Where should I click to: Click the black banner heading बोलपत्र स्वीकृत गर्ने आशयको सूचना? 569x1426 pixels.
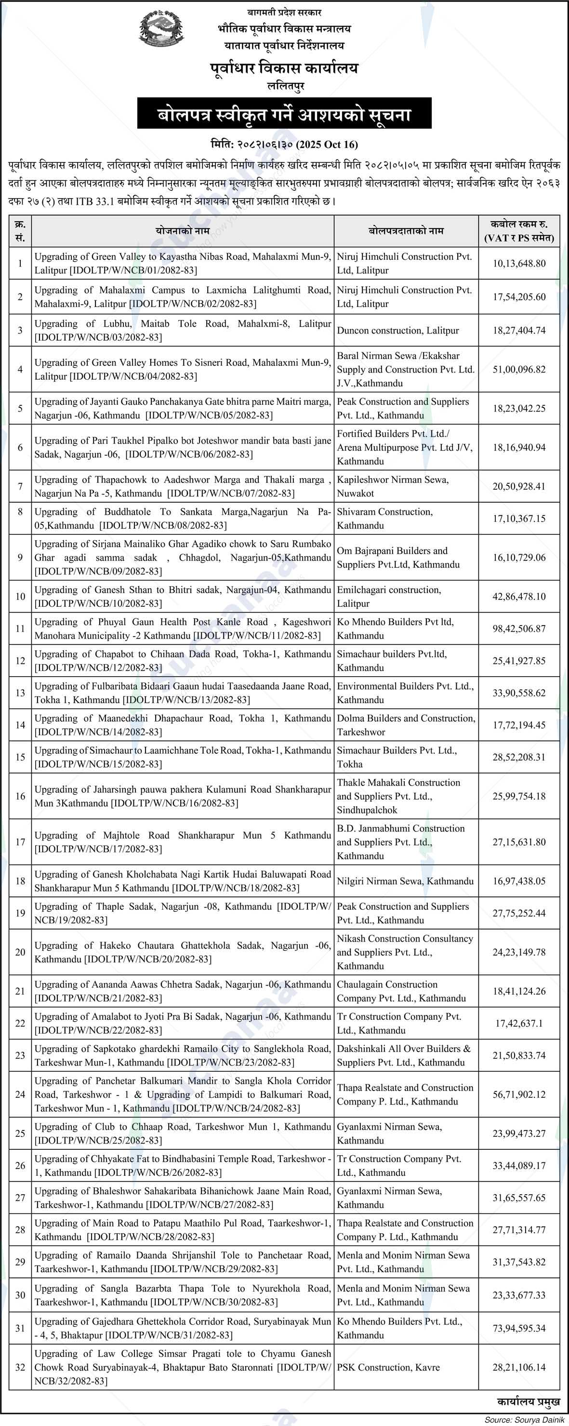(284, 114)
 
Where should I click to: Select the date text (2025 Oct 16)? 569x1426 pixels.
(327, 145)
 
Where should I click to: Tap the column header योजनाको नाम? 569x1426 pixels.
(183, 231)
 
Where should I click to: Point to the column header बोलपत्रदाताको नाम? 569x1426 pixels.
(406, 231)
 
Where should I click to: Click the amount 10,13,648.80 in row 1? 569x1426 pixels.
(518, 264)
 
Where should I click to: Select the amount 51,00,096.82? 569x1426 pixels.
(518, 369)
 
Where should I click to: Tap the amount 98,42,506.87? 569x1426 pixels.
(518, 629)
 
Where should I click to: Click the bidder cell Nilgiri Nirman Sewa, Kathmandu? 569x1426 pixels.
(405, 881)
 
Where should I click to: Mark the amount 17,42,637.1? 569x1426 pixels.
(518, 1024)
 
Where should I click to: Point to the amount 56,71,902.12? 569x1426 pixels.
(518, 1094)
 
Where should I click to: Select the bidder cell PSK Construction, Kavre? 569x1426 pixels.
(388, 1367)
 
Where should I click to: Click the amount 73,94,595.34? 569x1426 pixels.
(518, 1328)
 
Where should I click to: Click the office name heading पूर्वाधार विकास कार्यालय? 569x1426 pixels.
(284, 68)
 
